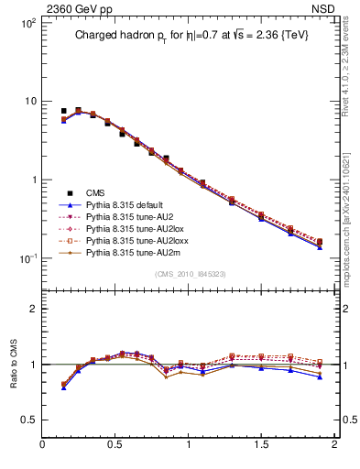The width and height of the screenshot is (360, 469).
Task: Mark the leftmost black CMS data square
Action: pos(63,111)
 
